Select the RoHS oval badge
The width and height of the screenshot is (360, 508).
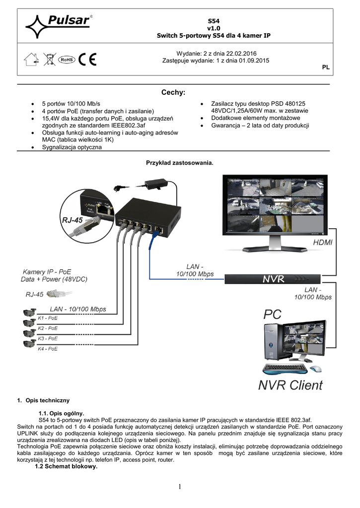pos(67,60)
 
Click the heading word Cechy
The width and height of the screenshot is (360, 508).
pos(173,93)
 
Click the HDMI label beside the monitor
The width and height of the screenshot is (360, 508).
pos(323,243)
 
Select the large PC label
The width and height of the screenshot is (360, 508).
pos(272,314)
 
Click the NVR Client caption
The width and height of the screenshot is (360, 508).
pos(290,385)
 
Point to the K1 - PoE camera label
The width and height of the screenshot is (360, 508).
pos(48,317)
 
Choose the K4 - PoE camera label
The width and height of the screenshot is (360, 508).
pos(48,349)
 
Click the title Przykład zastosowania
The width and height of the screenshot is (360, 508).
pos(179,163)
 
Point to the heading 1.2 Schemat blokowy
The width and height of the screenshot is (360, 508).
pos(66,466)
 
